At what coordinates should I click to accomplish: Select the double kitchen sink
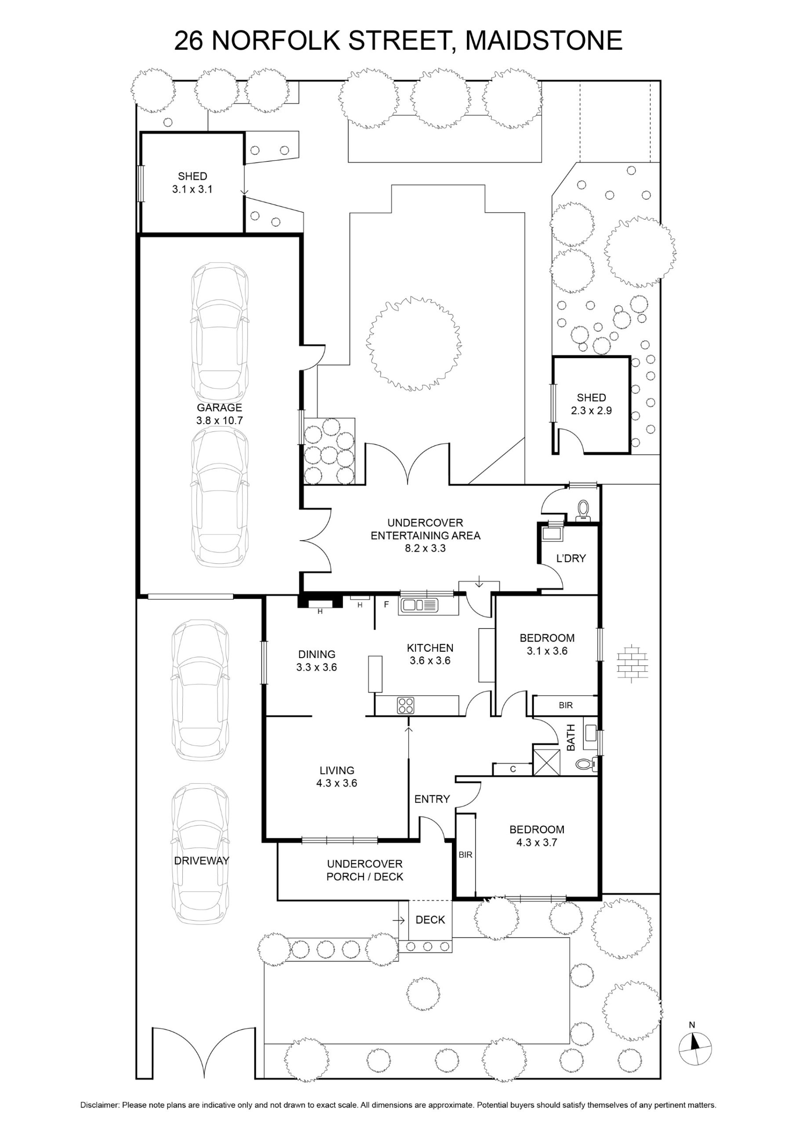[419, 605]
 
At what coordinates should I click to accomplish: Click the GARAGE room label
[220, 408]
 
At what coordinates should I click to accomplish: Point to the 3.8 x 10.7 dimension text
[220, 420]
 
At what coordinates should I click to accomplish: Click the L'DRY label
[571, 558]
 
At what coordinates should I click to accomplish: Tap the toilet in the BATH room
[586, 763]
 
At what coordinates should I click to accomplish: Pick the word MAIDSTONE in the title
[544, 40]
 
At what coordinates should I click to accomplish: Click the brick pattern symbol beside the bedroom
[633, 663]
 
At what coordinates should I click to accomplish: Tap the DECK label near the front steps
[430, 920]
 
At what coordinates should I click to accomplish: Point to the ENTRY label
[432, 799]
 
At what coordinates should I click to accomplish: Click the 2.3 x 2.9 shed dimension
[591, 410]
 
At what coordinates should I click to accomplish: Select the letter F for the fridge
[386, 605]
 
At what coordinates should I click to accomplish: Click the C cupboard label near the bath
[512, 769]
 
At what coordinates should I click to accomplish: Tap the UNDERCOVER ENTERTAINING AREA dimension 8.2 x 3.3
[425, 548]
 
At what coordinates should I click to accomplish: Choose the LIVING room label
[337, 771]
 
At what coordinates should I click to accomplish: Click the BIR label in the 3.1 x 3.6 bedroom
[566, 705]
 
